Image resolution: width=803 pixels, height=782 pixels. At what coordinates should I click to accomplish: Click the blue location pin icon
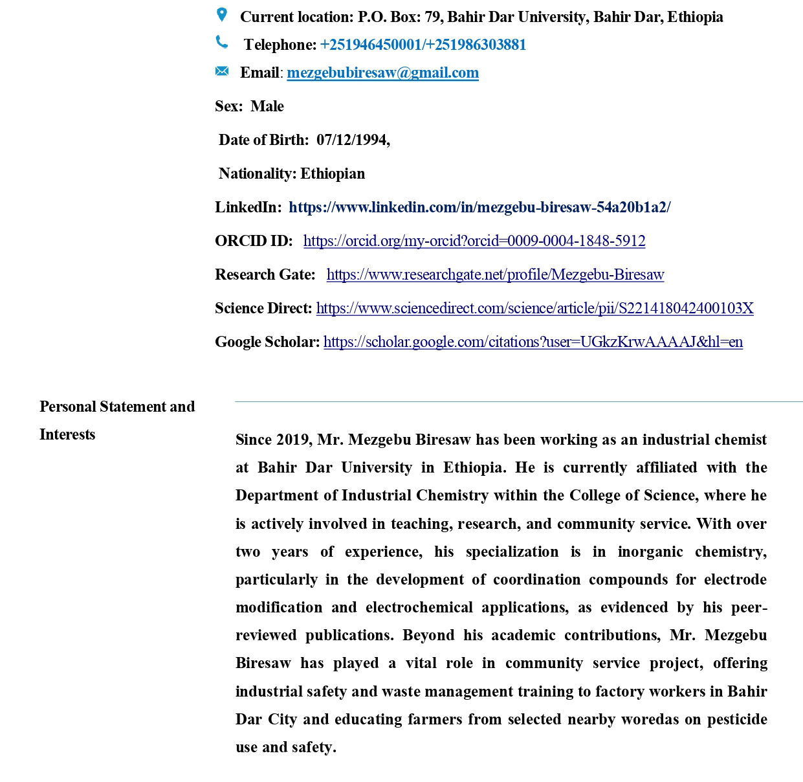click(221, 14)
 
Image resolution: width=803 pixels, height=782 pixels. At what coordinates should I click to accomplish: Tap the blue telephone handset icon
click(221, 43)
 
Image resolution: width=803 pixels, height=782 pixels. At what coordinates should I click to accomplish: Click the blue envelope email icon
click(221, 71)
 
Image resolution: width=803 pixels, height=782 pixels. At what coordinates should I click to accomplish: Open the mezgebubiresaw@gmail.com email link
click(382, 73)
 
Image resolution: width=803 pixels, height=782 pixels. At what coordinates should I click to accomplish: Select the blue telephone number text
click(423, 45)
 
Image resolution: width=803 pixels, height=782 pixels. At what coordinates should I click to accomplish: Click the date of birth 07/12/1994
click(353, 140)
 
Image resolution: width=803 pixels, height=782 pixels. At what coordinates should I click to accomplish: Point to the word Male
click(267, 106)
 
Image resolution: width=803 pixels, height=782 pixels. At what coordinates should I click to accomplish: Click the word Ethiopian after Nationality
click(333, 173)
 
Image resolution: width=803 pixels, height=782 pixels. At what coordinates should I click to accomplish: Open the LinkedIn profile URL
click(479, 207)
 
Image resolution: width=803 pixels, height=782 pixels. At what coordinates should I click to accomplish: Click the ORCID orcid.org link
click(474, 241)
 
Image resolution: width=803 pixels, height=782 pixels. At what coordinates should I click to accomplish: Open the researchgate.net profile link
click(495, 274)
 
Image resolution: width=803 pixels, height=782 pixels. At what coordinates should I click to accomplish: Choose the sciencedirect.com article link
click(534, 308)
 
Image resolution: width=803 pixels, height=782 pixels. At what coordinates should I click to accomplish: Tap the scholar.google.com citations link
click(533, 342)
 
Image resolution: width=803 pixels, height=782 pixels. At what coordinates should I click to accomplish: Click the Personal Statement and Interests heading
click(117, 420)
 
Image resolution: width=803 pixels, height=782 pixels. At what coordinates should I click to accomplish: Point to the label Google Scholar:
click(267, 342)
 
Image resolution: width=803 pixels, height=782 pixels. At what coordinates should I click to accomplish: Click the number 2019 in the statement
click(292, 440)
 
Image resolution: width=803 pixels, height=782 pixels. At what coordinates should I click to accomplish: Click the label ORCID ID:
click(254, 241)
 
